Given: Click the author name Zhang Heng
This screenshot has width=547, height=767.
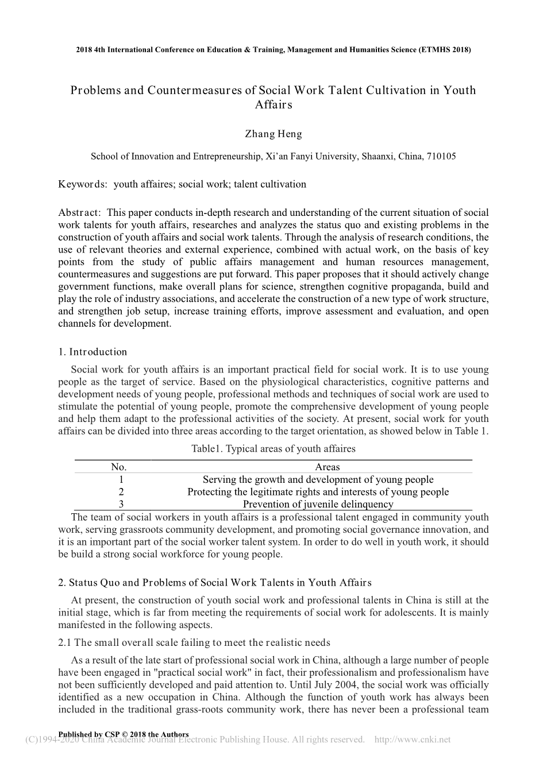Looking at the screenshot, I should pos(273,134).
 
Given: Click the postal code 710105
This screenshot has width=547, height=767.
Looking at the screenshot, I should pos(440,156).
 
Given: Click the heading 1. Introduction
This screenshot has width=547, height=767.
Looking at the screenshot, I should pos(93,352).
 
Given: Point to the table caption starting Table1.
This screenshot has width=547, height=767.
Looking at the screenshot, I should pos(273,449).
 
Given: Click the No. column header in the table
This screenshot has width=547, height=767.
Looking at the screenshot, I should pos(118,467).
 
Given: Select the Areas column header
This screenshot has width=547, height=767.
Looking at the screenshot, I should pos(328,467).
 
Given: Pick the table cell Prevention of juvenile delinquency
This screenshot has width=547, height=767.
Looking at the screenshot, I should pos(318,505).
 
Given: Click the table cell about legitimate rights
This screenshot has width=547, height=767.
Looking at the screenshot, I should pos(318,492).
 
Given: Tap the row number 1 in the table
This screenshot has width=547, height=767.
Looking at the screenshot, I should pos(121,480).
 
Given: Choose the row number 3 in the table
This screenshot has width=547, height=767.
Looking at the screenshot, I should pos(121,505).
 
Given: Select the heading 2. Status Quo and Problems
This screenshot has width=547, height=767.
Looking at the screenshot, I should pos(215,583).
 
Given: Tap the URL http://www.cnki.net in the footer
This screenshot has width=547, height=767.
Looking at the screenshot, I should pos(412,739).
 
